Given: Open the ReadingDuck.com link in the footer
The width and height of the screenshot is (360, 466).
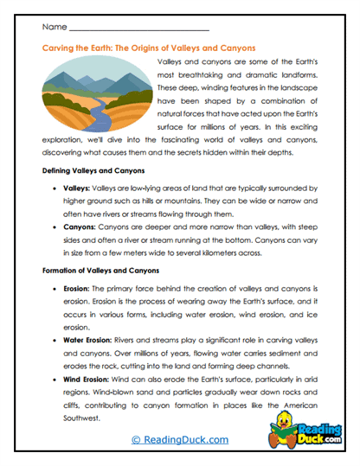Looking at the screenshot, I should (x=179, y=442).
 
